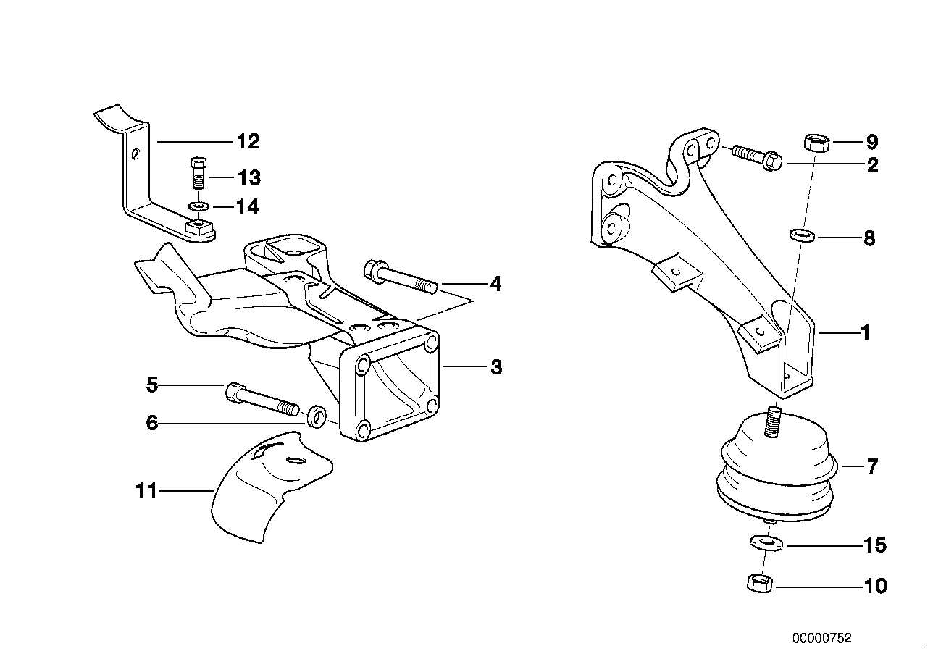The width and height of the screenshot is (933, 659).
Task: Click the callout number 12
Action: tap(248, 141)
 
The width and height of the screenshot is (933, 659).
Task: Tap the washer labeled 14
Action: tap(196, 207)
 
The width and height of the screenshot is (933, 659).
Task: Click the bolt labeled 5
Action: tap(262, 398)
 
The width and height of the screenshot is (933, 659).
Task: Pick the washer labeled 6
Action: tap(317, 417)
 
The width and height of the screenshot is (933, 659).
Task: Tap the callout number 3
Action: tap(495, 367)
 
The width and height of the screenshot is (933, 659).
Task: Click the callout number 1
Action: tap(863, 333)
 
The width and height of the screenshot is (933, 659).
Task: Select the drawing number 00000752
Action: tap(822, 638)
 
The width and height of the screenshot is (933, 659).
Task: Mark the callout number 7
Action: tap(872, 467)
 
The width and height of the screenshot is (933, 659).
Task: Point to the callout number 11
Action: tap(146, 491)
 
